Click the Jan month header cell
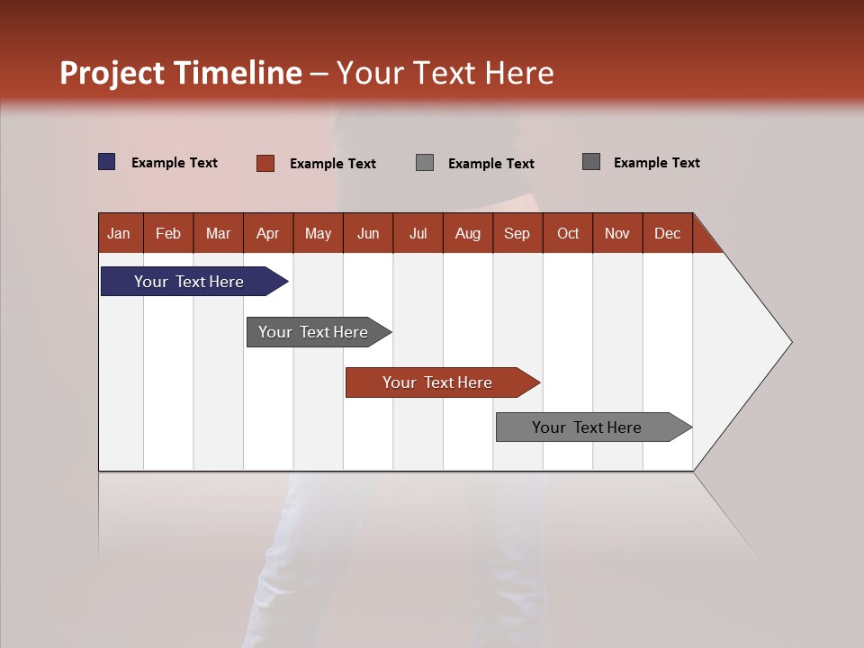[x=119, y=233]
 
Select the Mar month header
[x=218, y=233]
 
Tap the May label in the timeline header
[x=318, y=233]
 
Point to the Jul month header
[x=418, y=233]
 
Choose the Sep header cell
[x=517, y=233]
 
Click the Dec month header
[x=667, y=233]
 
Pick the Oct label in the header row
[x=568, y=233]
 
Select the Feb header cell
[x=168, y=233]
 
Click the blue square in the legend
[x=107, y=162]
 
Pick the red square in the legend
[x=265, y=163]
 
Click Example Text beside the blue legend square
[x=175, y=163]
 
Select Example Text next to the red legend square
[x=333, y=164]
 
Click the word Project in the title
[x=112, y=73]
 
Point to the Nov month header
[x=617, y=233]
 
